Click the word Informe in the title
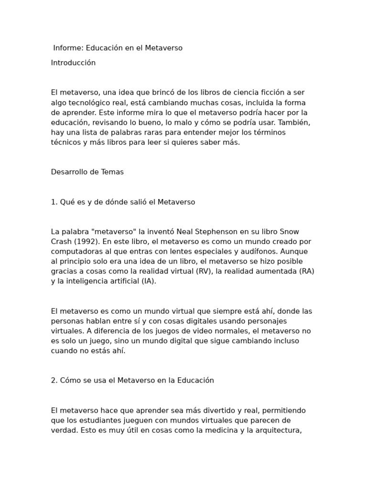point(68,48)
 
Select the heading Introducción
point(73,63)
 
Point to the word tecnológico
point(95,102)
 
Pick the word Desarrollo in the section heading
point(69,172)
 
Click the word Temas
point(112,172)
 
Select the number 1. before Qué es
point(54,202)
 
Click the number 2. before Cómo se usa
point(54,381)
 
